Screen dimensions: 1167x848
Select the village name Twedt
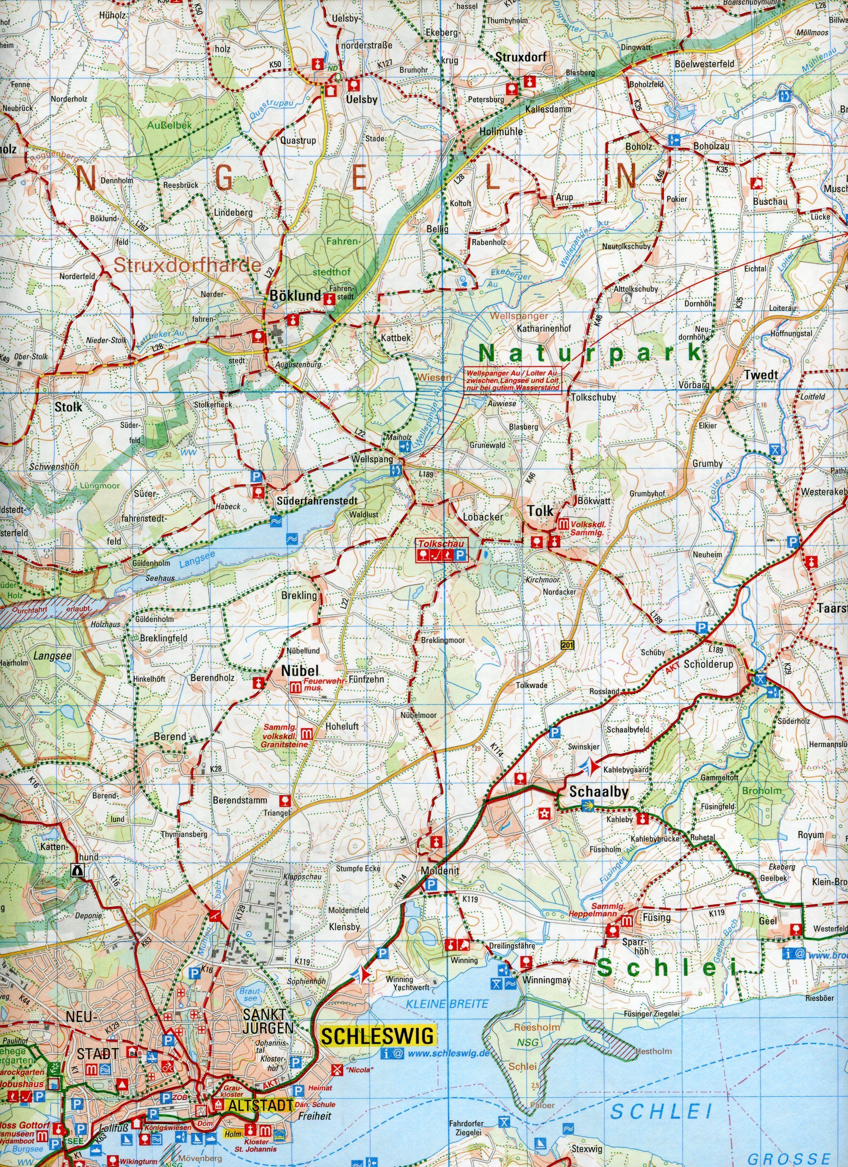[x=761, y=375]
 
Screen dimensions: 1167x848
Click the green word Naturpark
[x=590, y=353]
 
